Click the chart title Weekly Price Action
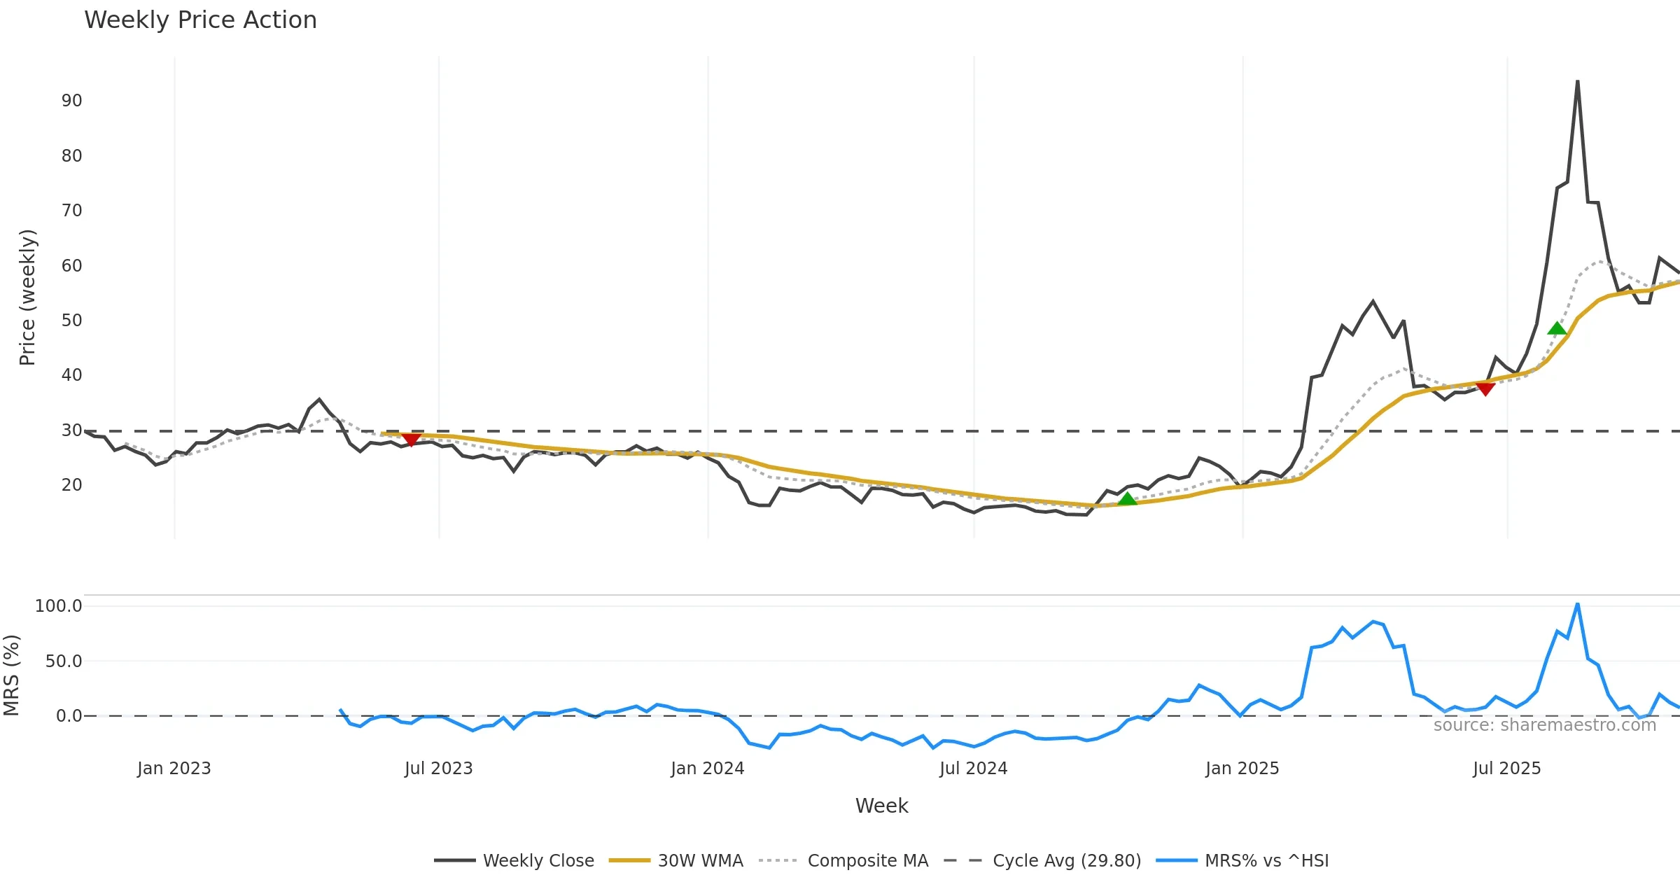tap(200, 20)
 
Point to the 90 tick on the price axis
tap(71, 101)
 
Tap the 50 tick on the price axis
tap(71, 321)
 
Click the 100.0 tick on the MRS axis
tap(59, 606)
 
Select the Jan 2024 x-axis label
tap(707, 769)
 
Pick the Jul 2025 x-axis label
tap(1506, 769)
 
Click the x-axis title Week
tap(881, 806)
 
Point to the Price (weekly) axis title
tap(27, 297)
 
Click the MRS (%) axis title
tap(11, 675)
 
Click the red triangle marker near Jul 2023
tap(412, 440)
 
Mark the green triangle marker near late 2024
tap(1127, 499)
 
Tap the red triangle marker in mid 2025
tap(1485, 388)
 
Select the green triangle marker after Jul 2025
tap(1557, 328)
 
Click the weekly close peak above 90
tap(1577, 81)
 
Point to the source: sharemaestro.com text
tap(1544, 725)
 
